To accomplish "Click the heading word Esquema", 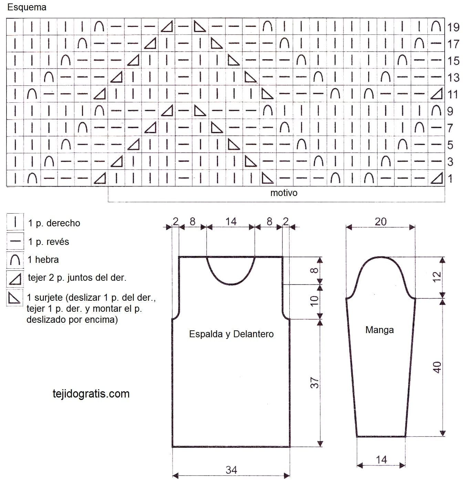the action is [27, 7].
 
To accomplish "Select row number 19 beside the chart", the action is [453, 27].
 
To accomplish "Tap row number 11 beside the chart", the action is [453, 94].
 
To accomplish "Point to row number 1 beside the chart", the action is [450, 179].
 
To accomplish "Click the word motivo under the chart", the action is [284, 193].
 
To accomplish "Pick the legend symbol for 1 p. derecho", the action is [15, 222].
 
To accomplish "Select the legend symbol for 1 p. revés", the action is [15, 241].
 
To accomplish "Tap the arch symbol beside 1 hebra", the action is [15, 260].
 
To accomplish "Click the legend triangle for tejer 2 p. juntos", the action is [15, 279].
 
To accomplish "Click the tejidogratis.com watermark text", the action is [91, 394].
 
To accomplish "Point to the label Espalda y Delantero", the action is [231, 334].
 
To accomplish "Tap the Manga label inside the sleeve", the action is [380, 330].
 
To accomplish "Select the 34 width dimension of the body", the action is [231, 470].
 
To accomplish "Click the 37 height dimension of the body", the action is [314, 383].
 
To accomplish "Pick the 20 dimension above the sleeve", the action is [381, 221].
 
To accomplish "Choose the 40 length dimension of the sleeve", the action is [437, 367].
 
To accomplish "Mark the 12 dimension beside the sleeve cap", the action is [437, 277].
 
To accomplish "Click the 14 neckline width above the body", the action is [231, 221].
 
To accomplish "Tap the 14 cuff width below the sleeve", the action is [381, 460].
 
